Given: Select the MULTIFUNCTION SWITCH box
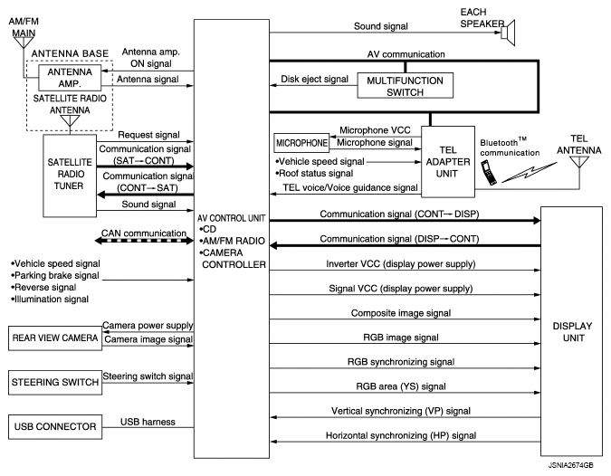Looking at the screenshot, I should [405, 86].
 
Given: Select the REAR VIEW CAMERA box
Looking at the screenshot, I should [53, 338].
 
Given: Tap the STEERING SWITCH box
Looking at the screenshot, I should [53, 383].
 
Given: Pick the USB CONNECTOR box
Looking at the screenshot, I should [53, 425].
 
